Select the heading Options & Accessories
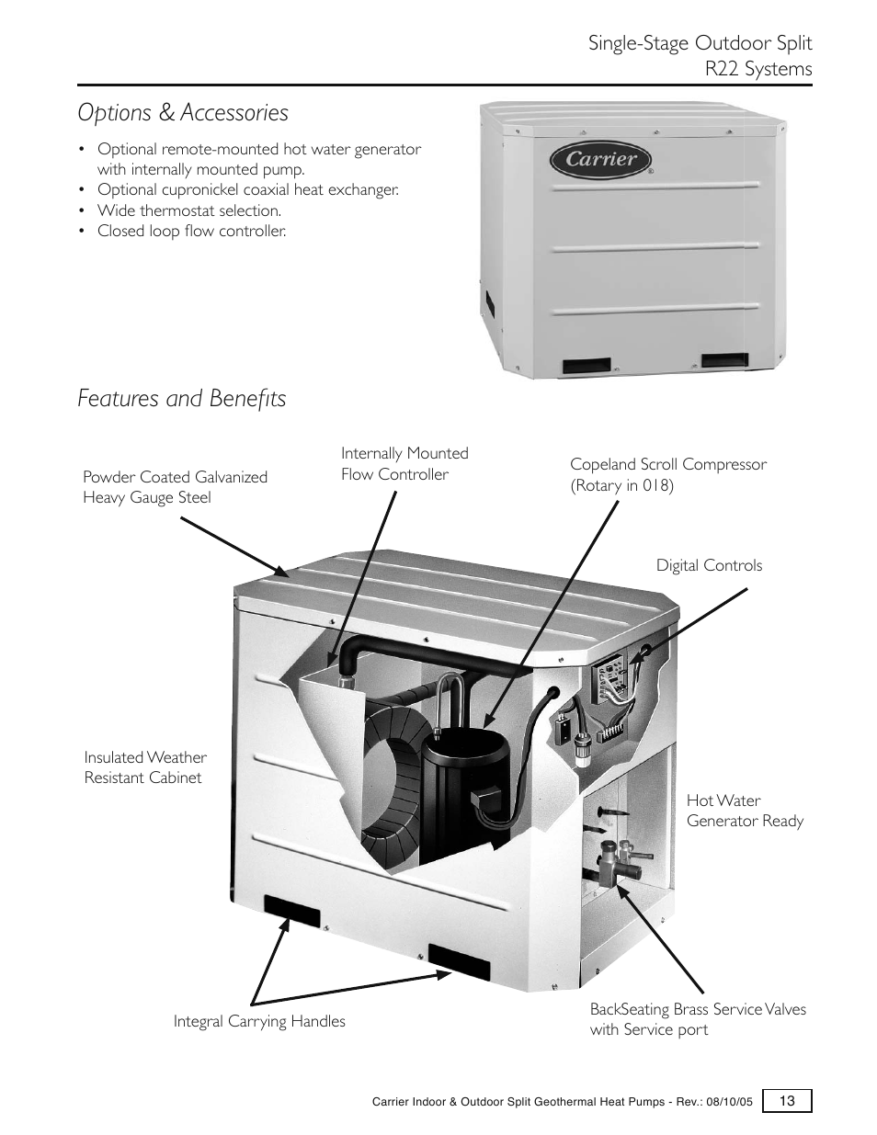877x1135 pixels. coord(183,113)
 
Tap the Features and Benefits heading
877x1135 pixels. coord(182,399)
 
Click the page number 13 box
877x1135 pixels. coord(787,1101)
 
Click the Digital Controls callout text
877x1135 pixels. coord(709,566)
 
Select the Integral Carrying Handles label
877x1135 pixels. coord(259,1022)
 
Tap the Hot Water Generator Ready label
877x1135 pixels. coord(745,812)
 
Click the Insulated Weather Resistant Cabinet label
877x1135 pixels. coord(145,767)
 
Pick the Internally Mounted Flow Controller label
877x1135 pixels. coord(404,464)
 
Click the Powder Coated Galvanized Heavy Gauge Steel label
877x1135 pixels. coord(175,487)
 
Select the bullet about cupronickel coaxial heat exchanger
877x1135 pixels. coord(248,190)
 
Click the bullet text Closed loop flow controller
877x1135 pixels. coord(191,232)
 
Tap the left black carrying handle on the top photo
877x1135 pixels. coord(587,366)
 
